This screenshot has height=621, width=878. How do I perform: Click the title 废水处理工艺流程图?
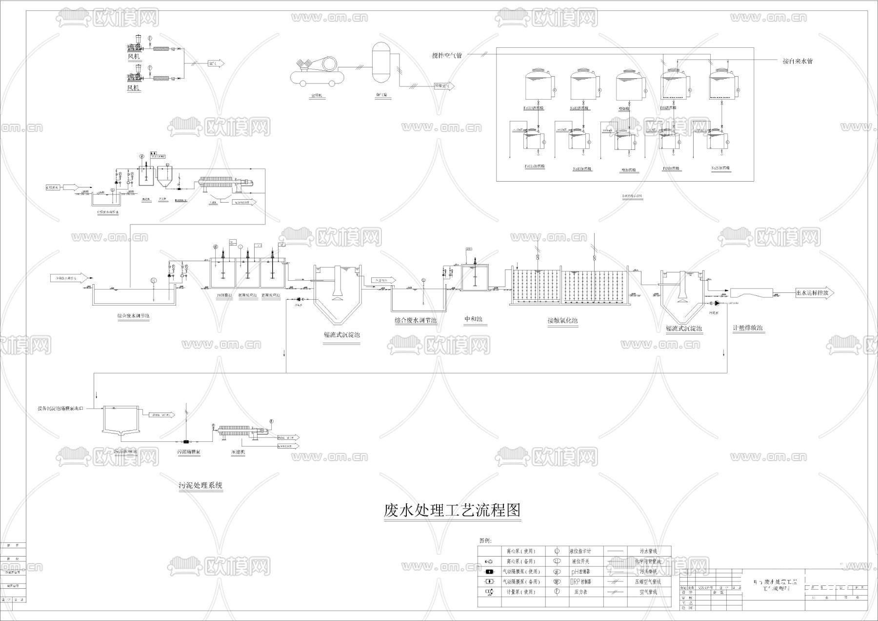point(452,511)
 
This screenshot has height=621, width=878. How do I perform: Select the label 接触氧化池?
point(562,321)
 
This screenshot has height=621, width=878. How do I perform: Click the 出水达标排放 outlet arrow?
point(815,293)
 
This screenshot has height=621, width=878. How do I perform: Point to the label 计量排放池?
point(748,328)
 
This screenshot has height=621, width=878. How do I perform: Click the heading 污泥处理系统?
point(200,485)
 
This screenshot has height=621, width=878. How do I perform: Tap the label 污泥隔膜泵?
point(188,452)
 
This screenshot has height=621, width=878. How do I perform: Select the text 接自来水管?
point(798,61)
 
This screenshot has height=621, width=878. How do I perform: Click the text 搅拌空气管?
point(446,56)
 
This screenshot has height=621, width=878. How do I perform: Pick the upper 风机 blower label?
point(134,57)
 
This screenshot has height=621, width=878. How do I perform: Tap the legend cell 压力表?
point(580,592)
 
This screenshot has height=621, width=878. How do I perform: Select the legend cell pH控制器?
point(580,571)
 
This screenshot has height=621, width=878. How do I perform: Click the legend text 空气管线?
point(648,592)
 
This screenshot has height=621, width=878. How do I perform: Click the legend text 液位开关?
point(580,561)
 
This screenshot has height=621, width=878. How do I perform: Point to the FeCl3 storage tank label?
point(535,108)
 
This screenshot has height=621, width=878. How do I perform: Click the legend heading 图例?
point(485,540)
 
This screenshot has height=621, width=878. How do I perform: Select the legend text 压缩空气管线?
point(648,581)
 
